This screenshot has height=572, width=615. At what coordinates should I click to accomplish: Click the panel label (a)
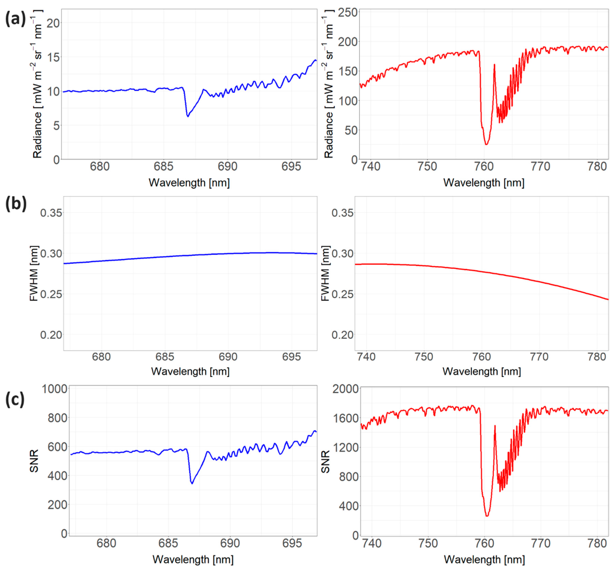pos(15,19)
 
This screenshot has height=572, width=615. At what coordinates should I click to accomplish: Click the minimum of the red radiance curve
pos(486,144)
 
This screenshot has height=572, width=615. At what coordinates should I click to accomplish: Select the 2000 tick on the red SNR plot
pos(345,389)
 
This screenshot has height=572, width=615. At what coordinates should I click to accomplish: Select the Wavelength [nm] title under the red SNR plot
pos(484,560)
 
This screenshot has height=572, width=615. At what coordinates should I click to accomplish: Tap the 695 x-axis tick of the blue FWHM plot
pos(291,357)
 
